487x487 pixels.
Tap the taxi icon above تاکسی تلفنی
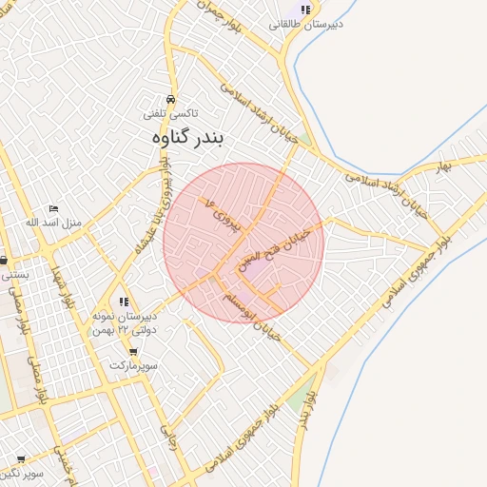(x=170, y=99)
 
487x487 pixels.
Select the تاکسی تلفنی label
(x=171, y=113)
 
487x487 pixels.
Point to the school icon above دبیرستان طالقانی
(x=305, y=10)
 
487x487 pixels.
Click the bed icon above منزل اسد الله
(x=53, y=208)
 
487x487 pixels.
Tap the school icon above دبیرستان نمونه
(x=124, y=302)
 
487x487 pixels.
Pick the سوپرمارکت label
(x=133, y=365)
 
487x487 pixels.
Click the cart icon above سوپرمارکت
(x=133, y=351)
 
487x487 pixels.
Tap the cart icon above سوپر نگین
(x=21, y=458)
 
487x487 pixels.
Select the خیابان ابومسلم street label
(x=248, y=307)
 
